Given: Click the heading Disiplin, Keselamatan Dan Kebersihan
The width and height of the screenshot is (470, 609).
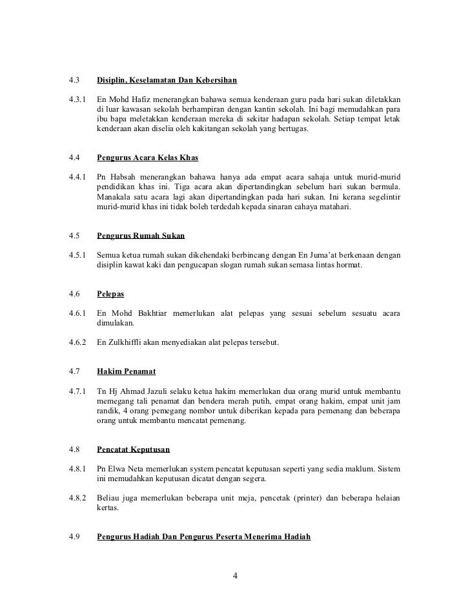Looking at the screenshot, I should pyautogui.click(x=167, y=81).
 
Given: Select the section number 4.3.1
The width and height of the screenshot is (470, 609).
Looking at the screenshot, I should pyautogui.click(x=77, y=100).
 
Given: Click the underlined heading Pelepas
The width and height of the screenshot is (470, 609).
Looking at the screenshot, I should pyautogui.click(x=110, y=294).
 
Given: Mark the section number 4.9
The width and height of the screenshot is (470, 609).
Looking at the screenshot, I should pyautogui.click(x=73, y=536).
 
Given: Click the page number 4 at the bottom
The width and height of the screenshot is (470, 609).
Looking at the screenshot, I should pyautogui.click(x=235, y=576).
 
